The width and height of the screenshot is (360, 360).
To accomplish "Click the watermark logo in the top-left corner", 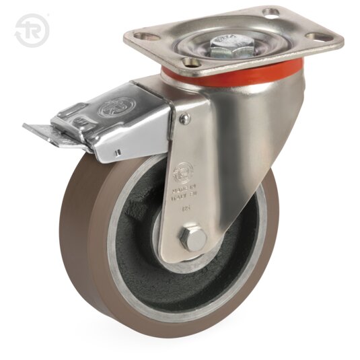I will pyautogui.click(x=31, y=31).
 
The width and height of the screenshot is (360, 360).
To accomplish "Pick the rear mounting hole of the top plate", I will pyautogui.click(x=271, y=12).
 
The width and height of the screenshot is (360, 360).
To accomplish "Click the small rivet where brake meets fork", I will pyautogui.click(x=184, y=118).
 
